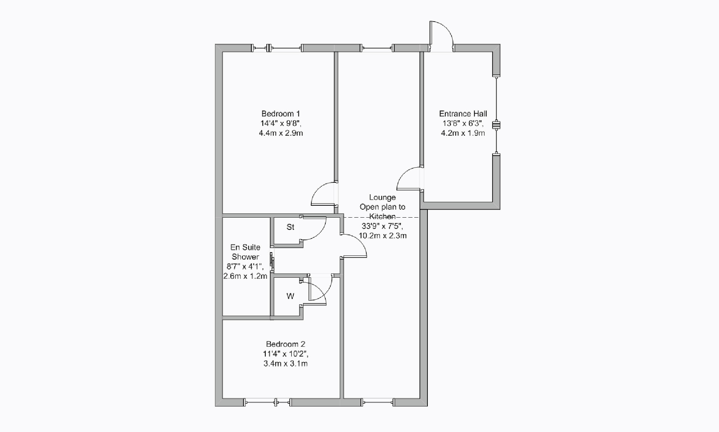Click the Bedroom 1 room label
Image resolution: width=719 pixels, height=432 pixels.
coord(281,114)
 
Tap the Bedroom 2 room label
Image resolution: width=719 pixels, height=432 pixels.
coord(285,344)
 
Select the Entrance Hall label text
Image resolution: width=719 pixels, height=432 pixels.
coord(463,114)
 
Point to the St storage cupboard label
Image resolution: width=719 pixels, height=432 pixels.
coord(290,227)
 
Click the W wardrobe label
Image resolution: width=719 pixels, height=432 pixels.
coord(290,296)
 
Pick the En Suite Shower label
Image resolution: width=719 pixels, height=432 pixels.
coord(245,252)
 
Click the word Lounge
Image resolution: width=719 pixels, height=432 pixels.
coord(383,197)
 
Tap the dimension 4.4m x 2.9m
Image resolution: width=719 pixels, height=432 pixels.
coord(281,133)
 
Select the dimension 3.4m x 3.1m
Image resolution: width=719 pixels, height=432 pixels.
coord(285,364)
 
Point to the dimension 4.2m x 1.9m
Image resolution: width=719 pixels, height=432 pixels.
coord(463,133)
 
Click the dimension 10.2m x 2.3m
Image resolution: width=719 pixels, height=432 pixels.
coord(383,236)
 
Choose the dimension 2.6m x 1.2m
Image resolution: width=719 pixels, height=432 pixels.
coord(245,276)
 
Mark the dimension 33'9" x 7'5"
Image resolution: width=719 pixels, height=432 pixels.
coord(383,226)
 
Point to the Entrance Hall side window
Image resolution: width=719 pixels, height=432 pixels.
coord(496,115)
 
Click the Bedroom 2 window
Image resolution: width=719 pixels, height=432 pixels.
coord(268,402)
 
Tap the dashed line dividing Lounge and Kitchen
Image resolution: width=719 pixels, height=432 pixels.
coord(381,217)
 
